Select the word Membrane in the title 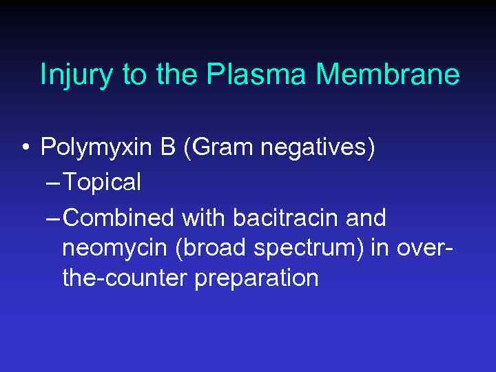pos(389,74)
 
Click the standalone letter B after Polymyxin pos(169,147)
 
